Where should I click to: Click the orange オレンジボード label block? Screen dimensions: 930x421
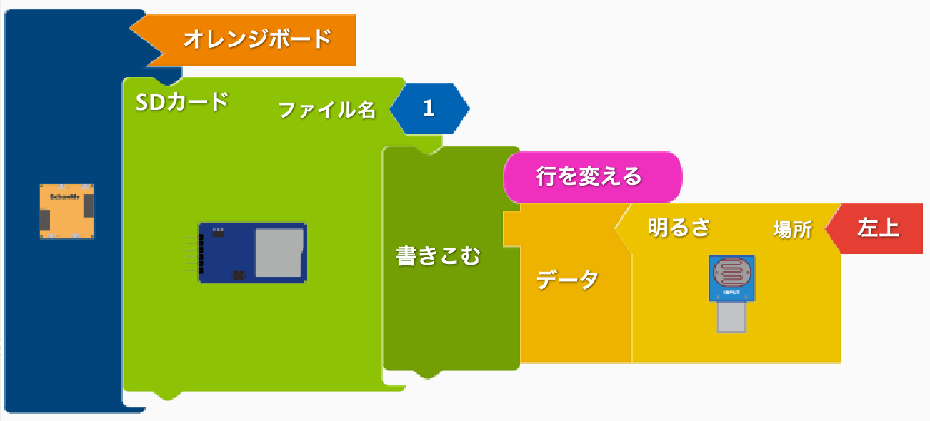[x=249, y=40]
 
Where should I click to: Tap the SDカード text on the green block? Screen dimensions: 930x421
[x=182, y=102]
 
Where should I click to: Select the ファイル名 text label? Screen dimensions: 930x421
[x=326, y=110]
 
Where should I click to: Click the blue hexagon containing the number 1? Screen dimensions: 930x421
[x=429, y=108]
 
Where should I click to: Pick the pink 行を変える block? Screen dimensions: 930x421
[x=593, y=177]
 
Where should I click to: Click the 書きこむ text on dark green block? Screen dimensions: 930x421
[x=438, y=256]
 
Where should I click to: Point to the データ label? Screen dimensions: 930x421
[x=567, y=280]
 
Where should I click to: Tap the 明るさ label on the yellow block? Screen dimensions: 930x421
[x=679, y=228]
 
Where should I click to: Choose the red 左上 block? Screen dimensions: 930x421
[x=876, y=228]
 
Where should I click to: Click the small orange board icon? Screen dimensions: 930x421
[x=67, y=211]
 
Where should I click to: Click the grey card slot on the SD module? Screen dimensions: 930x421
[x=279, y=253]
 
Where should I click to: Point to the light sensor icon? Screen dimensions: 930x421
[x=731, y=294]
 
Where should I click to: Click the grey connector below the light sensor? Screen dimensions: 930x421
[x=731, y=317]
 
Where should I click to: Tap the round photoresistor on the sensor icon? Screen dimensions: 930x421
[x=731, y=273]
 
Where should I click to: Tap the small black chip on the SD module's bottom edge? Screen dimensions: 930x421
[x=239, y=275]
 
